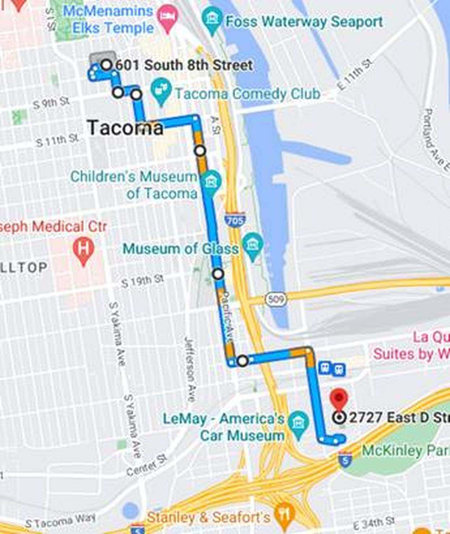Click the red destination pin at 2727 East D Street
click(x=339, y=398)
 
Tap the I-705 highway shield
click(x=235, y=220)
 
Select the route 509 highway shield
click(x=275, y=299)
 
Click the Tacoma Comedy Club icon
click(x=161, y=90)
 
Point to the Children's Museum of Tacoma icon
click(x=211, y=182)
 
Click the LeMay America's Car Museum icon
click(x=298, y=423)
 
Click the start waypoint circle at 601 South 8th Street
click(x=107, y=65)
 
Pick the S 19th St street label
click(x=142, y=281)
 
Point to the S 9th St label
click(x=51, y=103)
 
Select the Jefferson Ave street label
click(x=190, y=369)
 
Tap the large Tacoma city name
click(x=125, y=128)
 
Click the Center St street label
click(x=147, y=465)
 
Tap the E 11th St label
click(x=355, y=75)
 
